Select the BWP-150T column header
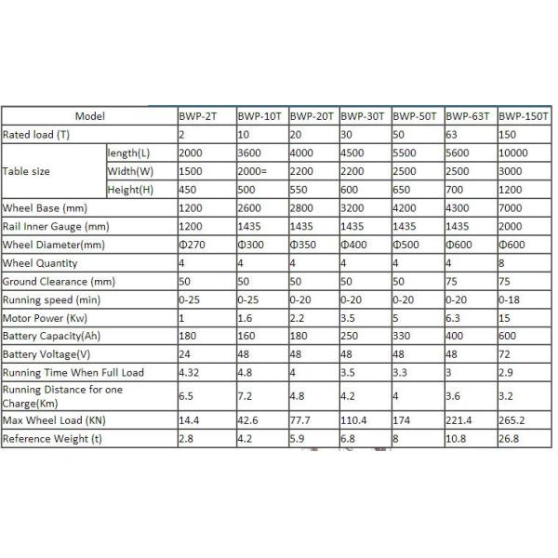[523, 117]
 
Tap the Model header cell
[89, 117]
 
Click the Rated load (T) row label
[38, 135]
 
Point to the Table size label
[27, 171]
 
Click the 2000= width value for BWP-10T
[255, 171]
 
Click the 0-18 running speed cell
[510, 299]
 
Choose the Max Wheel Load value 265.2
[512, 420]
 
